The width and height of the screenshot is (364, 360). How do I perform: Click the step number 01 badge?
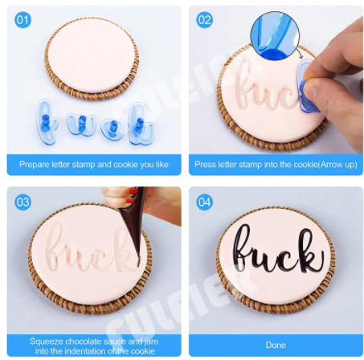point(22,20)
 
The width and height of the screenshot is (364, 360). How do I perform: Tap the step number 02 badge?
point(205,20)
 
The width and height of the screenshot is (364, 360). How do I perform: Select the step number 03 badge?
point(22,202)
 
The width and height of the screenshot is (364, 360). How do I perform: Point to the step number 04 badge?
point(205,202)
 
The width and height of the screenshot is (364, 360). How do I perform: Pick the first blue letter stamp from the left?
point(47,122)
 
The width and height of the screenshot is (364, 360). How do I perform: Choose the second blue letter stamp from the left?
point(81,124)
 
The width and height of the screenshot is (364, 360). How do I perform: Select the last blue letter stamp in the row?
point(141,124)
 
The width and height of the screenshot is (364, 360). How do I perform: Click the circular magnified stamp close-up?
point(275,35)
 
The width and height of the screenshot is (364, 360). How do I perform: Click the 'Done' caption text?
point(276,345)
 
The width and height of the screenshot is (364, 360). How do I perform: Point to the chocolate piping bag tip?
point(138,264)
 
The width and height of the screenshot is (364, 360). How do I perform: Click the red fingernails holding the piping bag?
point(132,195)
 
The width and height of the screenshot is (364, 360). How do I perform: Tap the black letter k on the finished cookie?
point(310,252)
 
